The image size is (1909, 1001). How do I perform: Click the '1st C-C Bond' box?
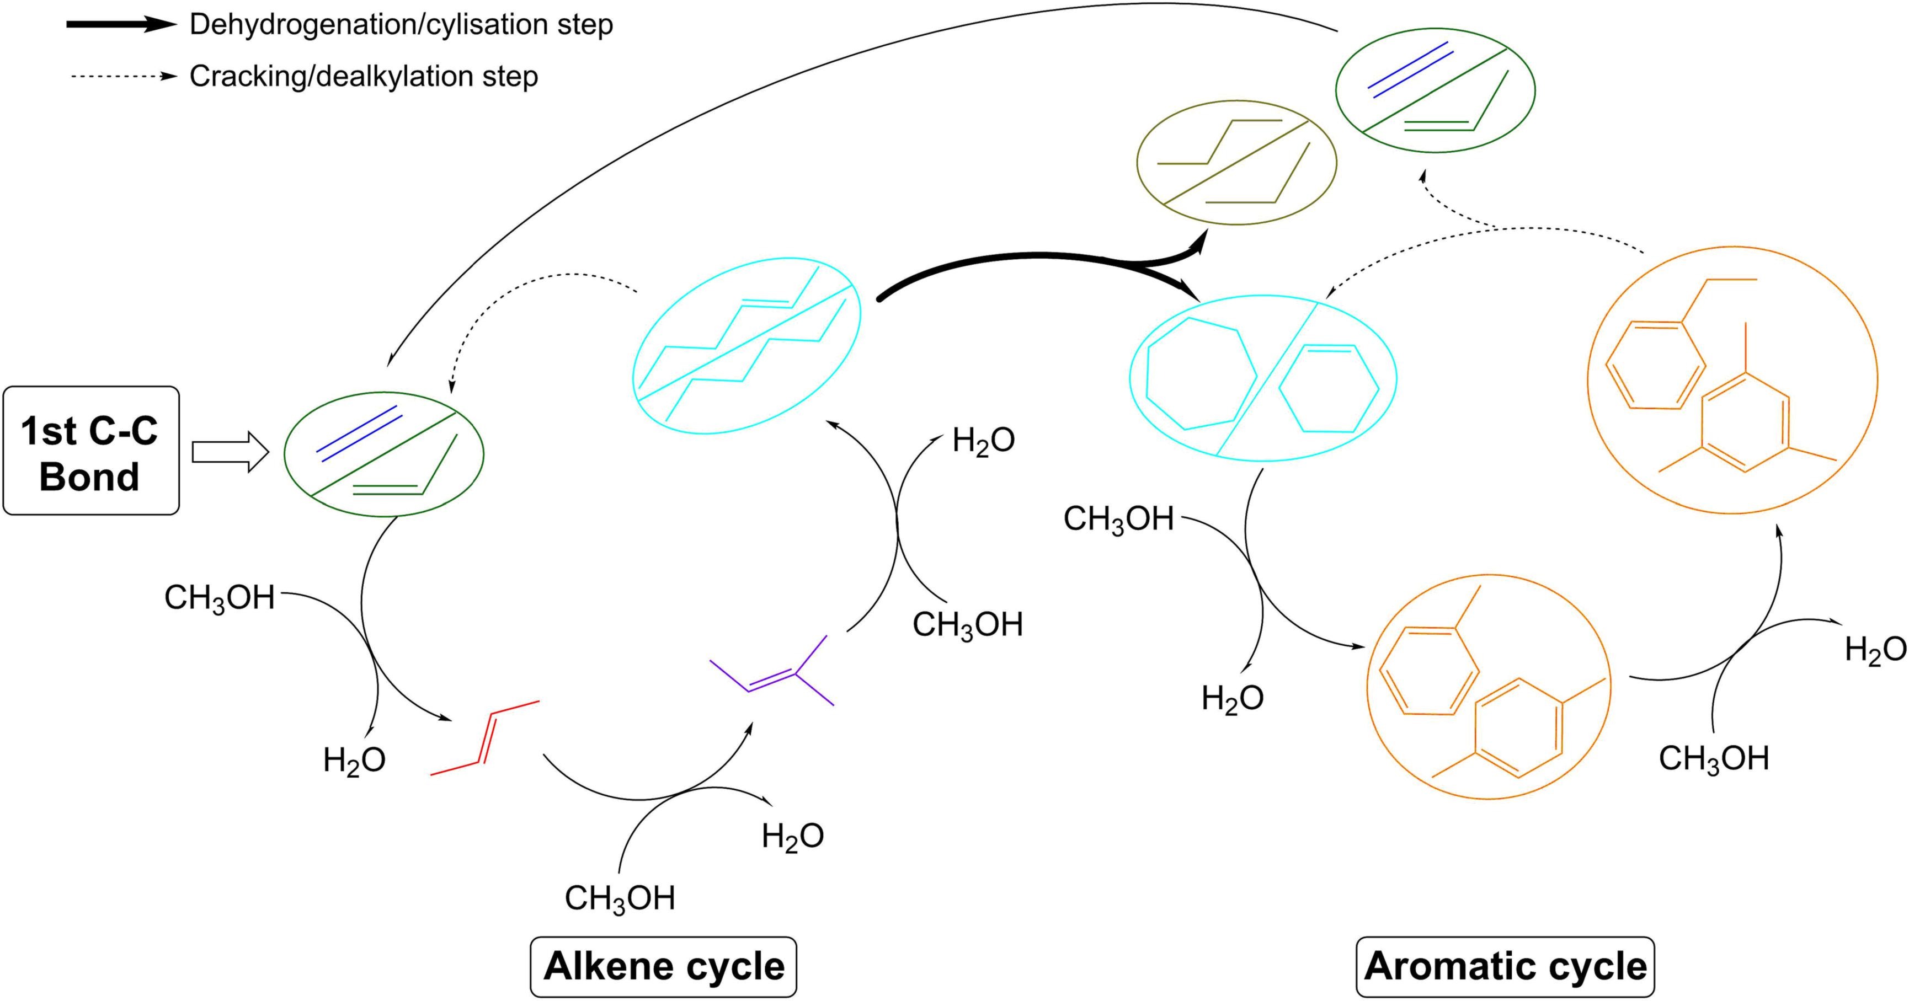(x=90, y=451)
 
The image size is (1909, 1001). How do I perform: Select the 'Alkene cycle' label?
(x=663, y=966)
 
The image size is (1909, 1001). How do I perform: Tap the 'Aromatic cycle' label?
(x=1505, y=966)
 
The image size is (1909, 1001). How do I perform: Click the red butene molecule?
(x=484, y=738)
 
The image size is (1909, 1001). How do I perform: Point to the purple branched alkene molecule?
(x=775, y=671)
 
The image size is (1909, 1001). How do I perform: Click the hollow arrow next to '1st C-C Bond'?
(x=230, y=451)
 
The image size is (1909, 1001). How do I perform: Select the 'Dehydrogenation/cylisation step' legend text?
(x=401, y=24)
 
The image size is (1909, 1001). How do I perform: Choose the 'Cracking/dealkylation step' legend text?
(x=363, y=76)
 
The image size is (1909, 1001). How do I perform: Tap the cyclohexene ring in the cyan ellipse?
(x=1329, y=388)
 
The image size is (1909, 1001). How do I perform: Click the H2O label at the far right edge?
(x=1875, y=650)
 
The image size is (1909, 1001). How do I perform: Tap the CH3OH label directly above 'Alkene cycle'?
(x=620, y=898)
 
